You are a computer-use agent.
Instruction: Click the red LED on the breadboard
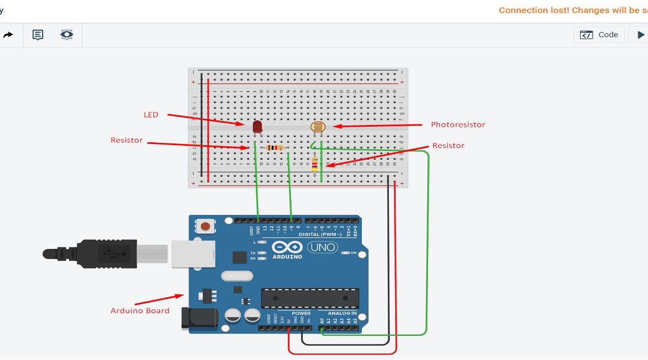click(x=257, y=126)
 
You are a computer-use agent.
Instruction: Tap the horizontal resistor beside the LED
click(x=275, y=148)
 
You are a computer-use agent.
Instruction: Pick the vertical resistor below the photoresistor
click(x=314, y=164)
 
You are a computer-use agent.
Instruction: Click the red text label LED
click(x=151, y=115)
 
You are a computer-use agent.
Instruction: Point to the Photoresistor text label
click(x=458, y=125)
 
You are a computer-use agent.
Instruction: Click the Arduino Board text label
click(x=140, y=311)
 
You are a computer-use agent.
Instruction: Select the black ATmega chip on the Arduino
click(x=310, y=297)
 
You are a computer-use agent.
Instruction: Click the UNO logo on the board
click(x=323, y=248)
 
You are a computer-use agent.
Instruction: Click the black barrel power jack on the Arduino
click(x=199, y=319)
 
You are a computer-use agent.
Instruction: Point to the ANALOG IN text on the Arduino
click(x=342, y=313)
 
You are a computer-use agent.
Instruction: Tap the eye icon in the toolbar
click(x=67, y=35)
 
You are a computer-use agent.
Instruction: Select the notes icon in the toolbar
click(x=38, y=35)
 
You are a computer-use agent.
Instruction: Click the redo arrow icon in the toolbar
click(x=8, y=35)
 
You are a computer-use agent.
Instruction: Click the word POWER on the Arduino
click(x=301, y=313)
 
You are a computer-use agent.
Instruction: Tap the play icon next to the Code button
click(x=641, y=35)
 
